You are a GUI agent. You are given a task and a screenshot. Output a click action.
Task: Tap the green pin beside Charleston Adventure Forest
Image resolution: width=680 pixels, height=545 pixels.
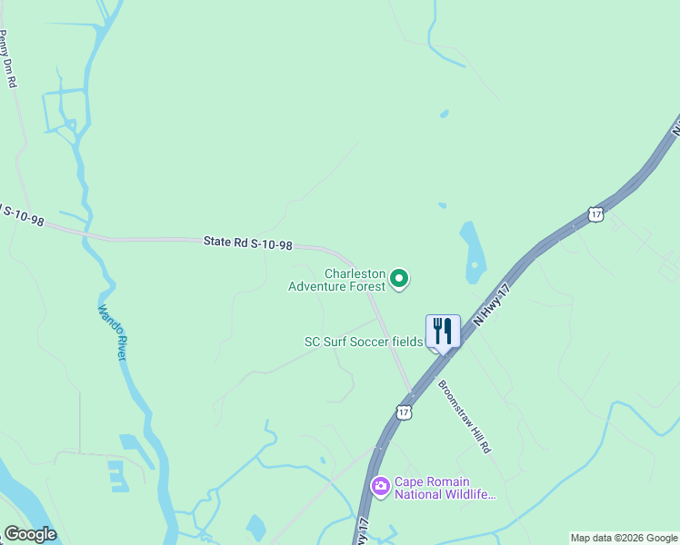[399, 279]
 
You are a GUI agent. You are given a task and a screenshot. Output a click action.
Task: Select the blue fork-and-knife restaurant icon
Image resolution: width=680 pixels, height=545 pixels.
[443, 332]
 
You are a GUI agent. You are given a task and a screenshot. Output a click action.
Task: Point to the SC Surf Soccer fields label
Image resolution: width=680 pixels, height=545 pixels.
[364, 342]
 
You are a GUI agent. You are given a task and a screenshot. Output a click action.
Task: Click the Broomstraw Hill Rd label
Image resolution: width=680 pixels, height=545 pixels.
[465, 415]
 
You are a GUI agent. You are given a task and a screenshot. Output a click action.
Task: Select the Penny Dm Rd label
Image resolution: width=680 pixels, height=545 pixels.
[8, 59]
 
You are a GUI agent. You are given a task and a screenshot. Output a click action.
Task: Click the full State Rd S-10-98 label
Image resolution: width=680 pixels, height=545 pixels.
[248, 243]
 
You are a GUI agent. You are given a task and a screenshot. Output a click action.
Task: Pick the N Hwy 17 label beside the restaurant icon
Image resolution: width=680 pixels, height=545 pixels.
[488, 307]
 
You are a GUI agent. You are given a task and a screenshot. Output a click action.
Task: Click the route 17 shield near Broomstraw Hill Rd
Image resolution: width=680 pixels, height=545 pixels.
[405, 412]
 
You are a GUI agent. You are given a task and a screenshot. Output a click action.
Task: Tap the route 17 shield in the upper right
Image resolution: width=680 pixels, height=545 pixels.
[595, 213]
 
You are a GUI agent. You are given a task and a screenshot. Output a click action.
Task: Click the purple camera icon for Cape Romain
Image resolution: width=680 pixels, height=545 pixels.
[380, 488]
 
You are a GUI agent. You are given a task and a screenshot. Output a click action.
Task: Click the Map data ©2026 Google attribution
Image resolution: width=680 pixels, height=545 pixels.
[624, 538]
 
